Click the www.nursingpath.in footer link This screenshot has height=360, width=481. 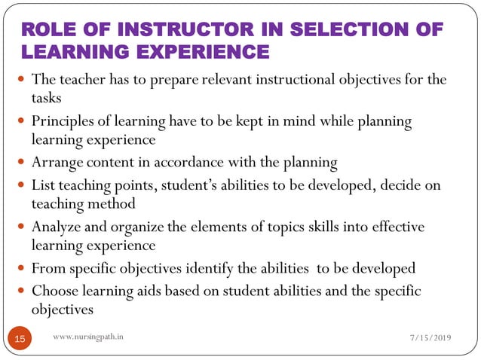90,338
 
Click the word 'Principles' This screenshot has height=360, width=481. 62,121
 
